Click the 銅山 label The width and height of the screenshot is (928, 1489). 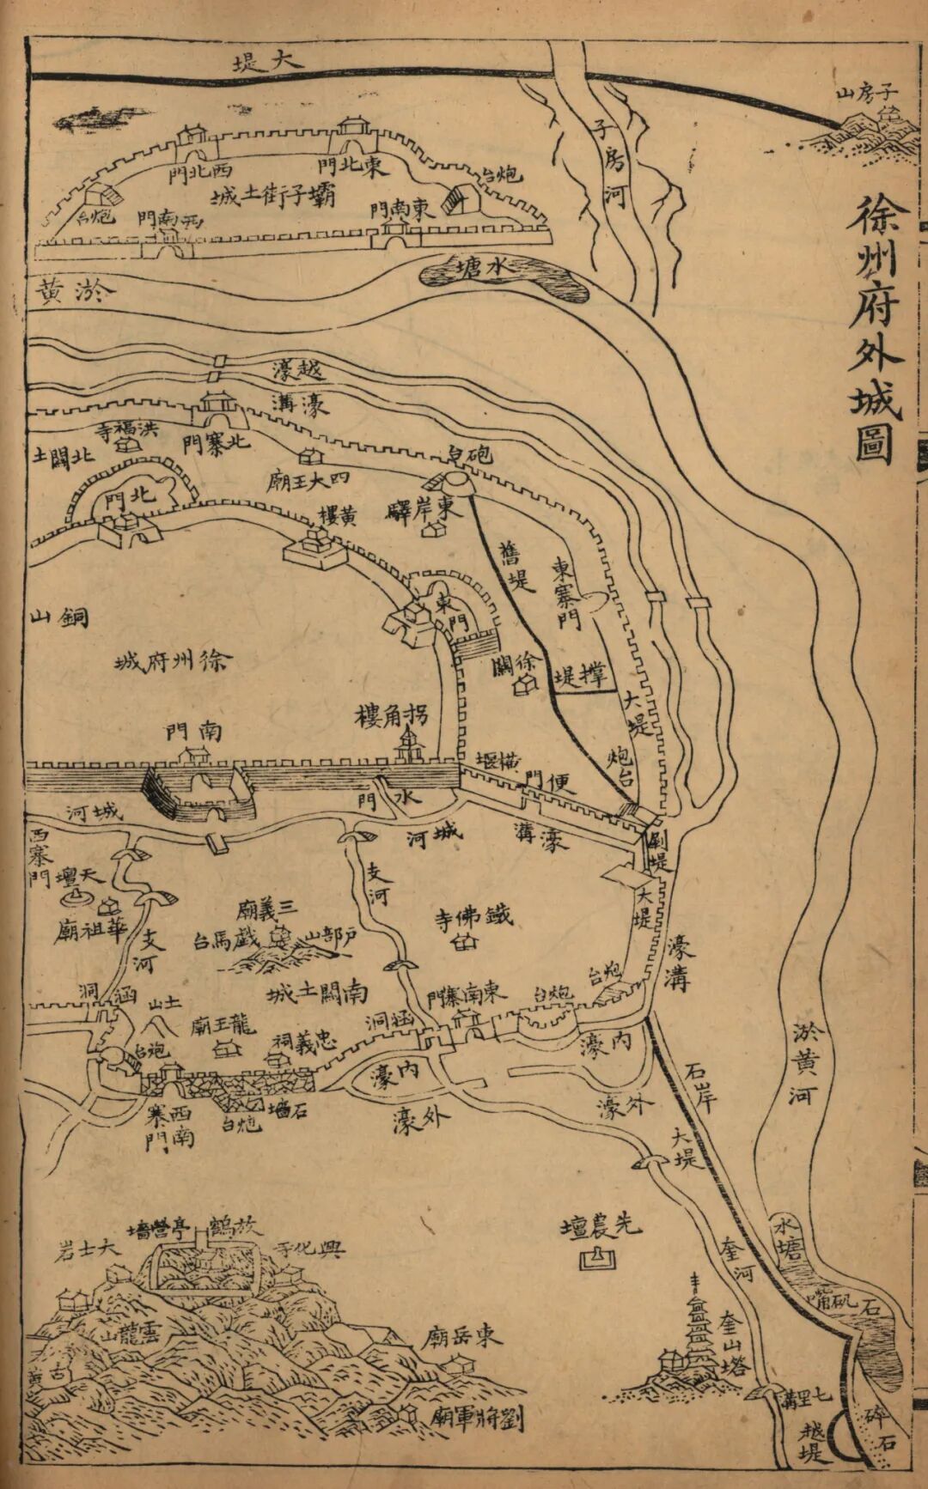coord(60,617)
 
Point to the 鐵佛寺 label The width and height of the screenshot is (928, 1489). coord(473,916)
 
